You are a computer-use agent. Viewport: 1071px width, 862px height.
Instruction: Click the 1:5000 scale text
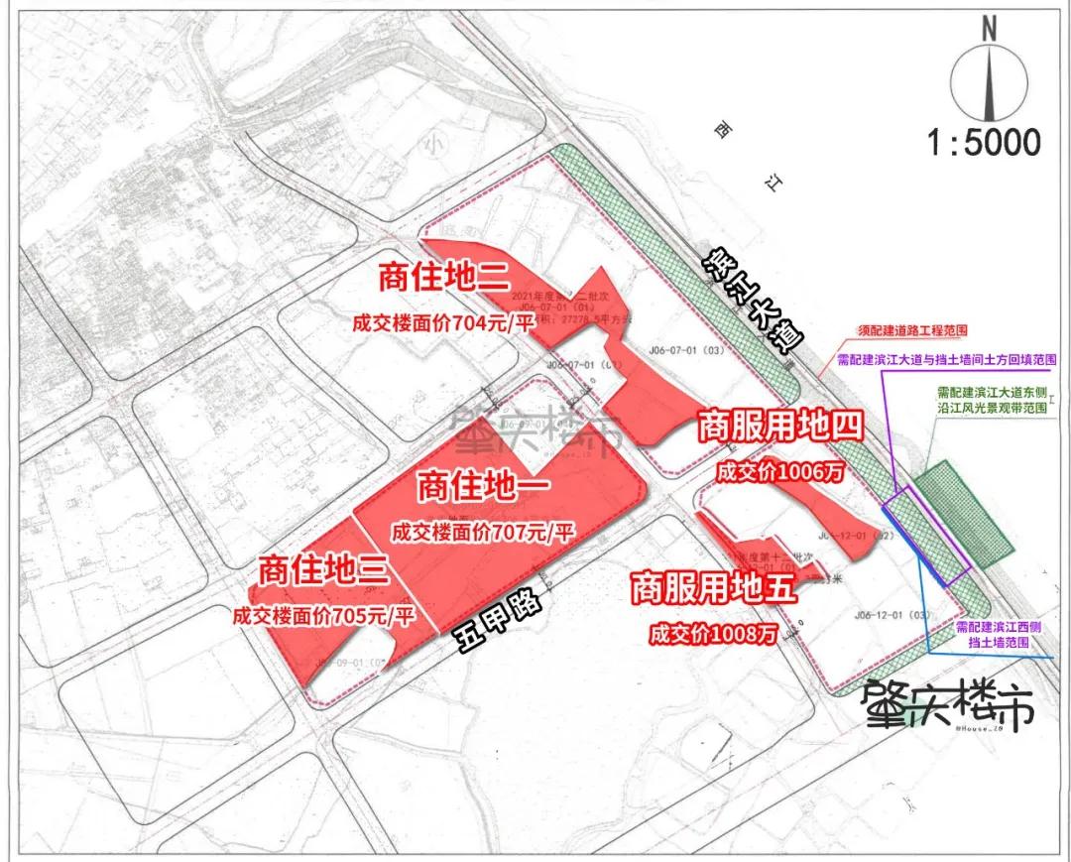(985, 142)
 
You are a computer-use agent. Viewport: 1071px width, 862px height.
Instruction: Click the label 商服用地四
(779, 428)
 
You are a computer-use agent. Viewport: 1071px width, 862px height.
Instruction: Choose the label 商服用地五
(714, 588)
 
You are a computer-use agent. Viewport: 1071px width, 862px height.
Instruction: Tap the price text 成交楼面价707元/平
(483, 532)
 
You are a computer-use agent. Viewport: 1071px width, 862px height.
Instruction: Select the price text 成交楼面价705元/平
(322, 615)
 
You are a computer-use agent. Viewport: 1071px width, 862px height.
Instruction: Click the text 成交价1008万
(713, 633)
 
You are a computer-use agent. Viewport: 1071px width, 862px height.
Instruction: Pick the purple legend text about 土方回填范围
(946, 360)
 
